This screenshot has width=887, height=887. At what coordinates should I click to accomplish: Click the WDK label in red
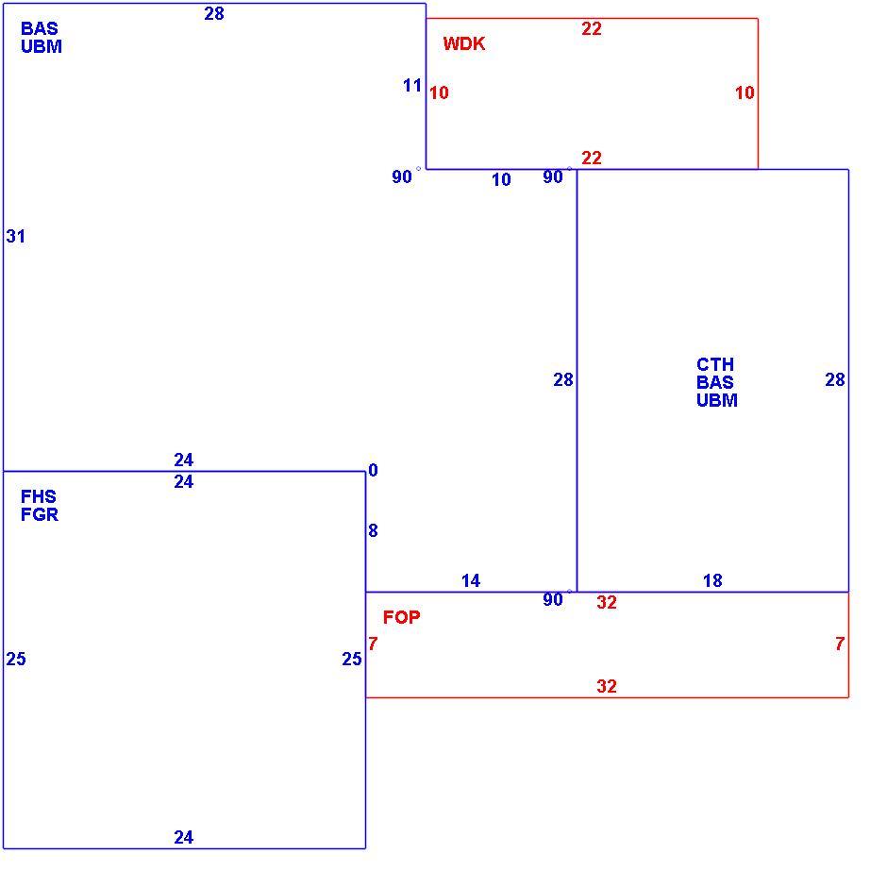pos(464,43)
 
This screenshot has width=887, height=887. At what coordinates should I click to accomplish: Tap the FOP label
pos(402,617)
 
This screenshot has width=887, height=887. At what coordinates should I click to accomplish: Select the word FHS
pos(39,496)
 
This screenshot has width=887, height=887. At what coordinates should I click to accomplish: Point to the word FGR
pos(40,514)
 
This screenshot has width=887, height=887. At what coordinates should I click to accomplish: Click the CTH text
pos(715,363)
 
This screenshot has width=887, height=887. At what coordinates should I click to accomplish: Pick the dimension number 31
pos(16,237)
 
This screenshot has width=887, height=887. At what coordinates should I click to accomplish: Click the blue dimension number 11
pos(412,86)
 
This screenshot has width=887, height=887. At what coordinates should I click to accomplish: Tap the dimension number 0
pos(373,470)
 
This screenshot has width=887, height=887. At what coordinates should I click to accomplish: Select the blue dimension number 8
pos(373,530)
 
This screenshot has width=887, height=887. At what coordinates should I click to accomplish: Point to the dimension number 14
pos(471,580)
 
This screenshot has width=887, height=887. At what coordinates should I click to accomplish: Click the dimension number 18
pos(712,580)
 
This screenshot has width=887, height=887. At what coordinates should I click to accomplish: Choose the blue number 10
pos(501,180)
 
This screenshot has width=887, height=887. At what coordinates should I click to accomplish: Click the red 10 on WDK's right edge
pos(745,92)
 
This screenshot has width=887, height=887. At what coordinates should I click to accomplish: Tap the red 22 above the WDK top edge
pos(592,29)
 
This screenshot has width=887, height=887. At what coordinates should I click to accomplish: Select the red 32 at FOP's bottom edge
pos(607,686)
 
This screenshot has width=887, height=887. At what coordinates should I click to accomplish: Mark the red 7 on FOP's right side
pos(840,644)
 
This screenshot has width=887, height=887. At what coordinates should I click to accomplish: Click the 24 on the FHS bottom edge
pos(184,837)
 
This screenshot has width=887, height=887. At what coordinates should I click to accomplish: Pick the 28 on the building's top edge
pos(214,13)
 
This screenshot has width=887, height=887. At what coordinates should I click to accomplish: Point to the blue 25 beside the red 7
pos(352,659)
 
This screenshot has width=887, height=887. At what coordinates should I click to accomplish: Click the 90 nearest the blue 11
pos(402,176)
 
